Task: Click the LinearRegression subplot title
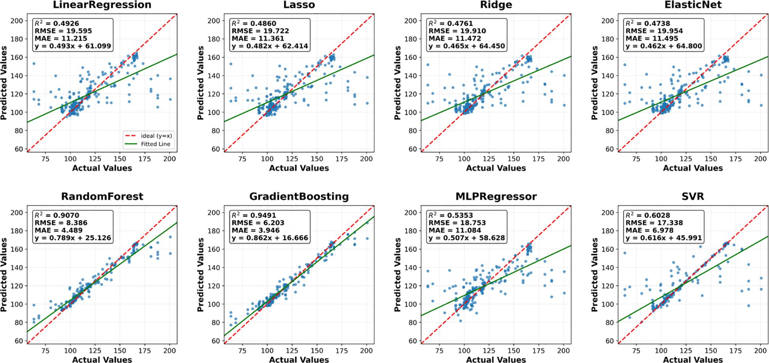pyautogui.click(x=102, y=5)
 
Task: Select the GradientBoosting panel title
pyautogui.click(x=299, y=196)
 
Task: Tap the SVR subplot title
pyautogui.click(x=692, y=196)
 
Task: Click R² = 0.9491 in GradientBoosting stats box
pyautogui.click(x=254, y=215)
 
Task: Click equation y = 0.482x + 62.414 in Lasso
pyautogui.click(x=269, y=46)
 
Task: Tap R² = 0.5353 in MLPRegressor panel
pyautogui.click(x=451, y=215)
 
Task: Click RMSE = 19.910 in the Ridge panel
pyautogui.click(x=457, y=31)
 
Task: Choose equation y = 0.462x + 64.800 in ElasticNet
pyautogui.click(x=664, y=46)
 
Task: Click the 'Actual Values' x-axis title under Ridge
pyautogui.click(x=496, y=168)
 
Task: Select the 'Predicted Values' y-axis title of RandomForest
pyautogui.click(x=4, y=275)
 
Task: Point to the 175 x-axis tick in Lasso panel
pyautogui.click(x=342, y=159)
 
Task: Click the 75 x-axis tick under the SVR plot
pyautogui.click(x=636, y=350)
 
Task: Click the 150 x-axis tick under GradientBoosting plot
pyautogui.click(x=317, y=350)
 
